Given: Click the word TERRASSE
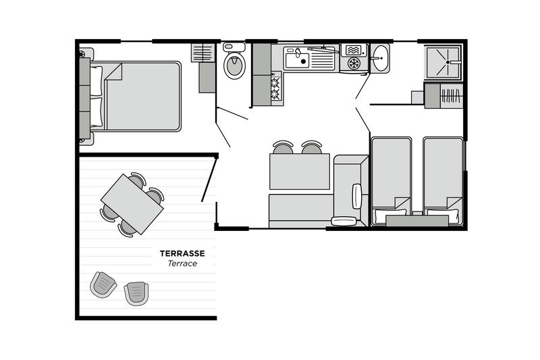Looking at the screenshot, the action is (x=182, y=253).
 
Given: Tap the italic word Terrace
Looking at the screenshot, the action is (x=182, y=263).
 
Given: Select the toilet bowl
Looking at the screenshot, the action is (x=234, y=65).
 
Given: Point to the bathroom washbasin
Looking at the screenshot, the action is (x=380, y=59).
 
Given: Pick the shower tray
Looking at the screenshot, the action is (x=443, y=62).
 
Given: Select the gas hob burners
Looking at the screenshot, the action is (x=275, y=88).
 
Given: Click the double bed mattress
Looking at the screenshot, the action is (x=142, y=96).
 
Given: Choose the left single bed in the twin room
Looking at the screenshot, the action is (x=391, y=181).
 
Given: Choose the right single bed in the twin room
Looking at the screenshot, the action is (x=443, y=181).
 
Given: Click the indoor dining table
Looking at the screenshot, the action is (x=300, y=172).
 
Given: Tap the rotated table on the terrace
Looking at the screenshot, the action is (x=132, y=204).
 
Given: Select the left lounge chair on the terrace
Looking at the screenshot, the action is (x=103, y=284).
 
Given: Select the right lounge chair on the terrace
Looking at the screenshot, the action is (x=137, y=293).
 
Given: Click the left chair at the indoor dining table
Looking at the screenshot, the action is (x=283, y=147).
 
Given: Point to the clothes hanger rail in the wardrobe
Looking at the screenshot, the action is (x=451, y=96).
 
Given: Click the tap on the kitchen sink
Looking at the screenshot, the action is (x=298, y=53).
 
